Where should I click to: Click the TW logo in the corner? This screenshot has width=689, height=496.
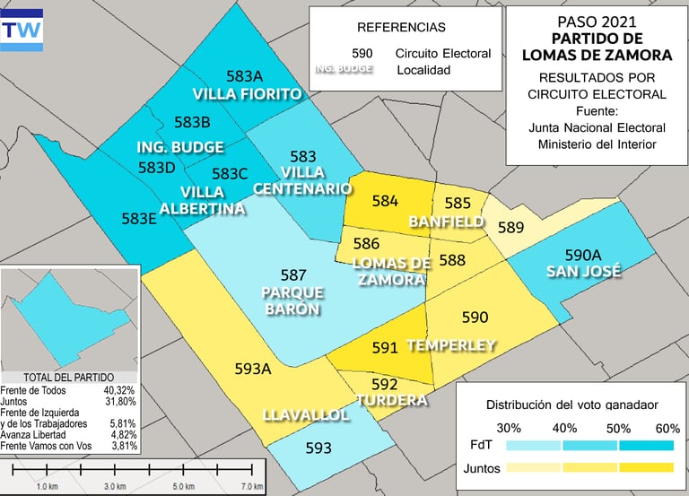tap(22, 28)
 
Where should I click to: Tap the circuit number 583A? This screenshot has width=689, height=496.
tap(245, 76)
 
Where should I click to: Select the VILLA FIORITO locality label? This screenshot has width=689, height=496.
tap(246, 93)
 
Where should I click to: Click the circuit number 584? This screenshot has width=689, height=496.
tap(385, 201)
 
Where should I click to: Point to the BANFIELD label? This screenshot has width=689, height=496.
tap(446, 221)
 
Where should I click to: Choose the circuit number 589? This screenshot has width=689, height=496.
tap(510, 227)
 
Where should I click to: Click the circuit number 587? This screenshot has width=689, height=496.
tap(293, 275)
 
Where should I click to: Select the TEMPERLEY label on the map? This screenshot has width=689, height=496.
tap(450, 344)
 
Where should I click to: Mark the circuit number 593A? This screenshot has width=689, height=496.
tap(253, 368)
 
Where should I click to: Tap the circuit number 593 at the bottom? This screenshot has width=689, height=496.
tap(318, 448)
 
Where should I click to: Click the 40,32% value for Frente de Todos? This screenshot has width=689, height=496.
tap(120, 390)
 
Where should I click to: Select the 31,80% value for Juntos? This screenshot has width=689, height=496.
tap(120, 401)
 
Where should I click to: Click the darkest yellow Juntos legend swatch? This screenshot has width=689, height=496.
tap(646, 467)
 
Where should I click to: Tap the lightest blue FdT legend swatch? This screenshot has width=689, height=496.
tap(533, 444)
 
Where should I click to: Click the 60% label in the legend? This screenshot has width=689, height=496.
tap(667, 428)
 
